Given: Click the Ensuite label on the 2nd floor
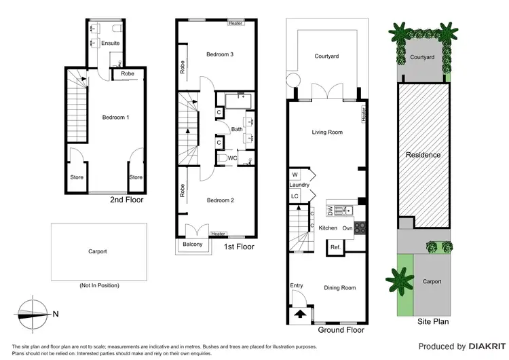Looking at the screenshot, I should (x=110, y=43).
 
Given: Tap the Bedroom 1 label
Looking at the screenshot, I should (x=115, y=118).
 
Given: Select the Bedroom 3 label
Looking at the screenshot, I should (x=220, y=54).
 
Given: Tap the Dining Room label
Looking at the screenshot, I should (x=339, y=287).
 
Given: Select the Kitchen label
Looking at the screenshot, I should (x=328, y=228).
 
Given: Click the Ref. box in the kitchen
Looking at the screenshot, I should (x=335, y=247).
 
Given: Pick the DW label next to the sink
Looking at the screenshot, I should (x=331, y=209).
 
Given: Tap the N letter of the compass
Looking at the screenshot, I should (x=56, y=314).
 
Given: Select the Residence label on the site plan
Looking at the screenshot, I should (x=423, y=155).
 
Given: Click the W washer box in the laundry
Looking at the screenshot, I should (x=295, y=174).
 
